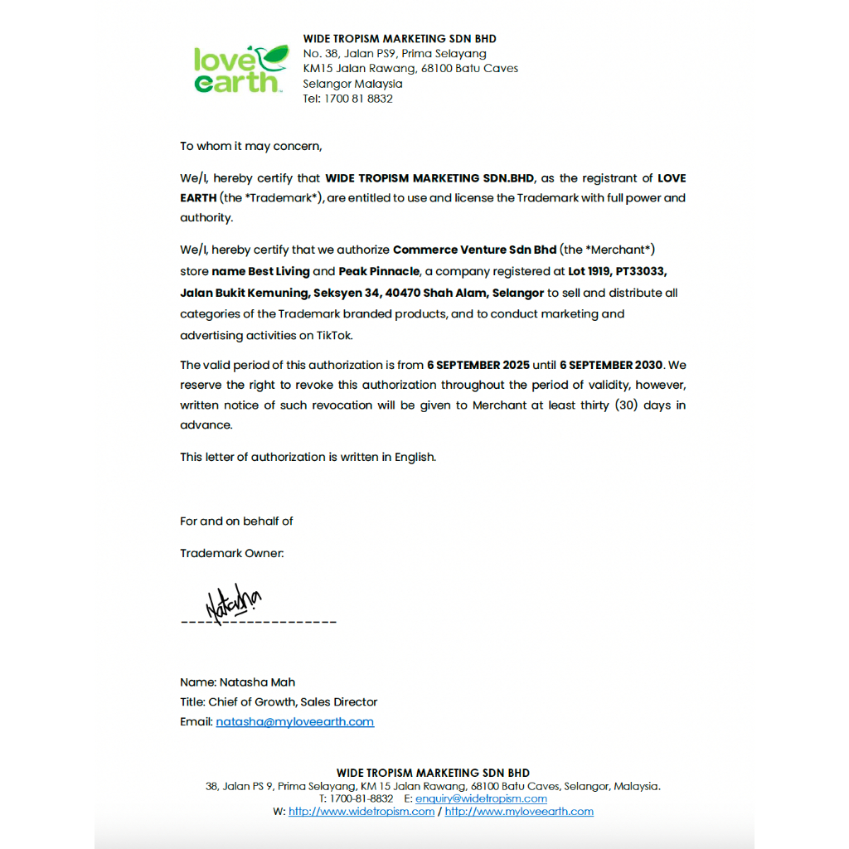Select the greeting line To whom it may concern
250,146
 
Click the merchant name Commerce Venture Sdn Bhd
474,250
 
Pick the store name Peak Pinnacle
379,271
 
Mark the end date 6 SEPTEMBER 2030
611,365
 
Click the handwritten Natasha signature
232,603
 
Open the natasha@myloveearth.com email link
295,722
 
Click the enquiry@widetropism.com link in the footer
481,798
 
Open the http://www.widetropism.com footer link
361,812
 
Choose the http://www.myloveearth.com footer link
519,812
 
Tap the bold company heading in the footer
433,773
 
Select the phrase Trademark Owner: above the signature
232,553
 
